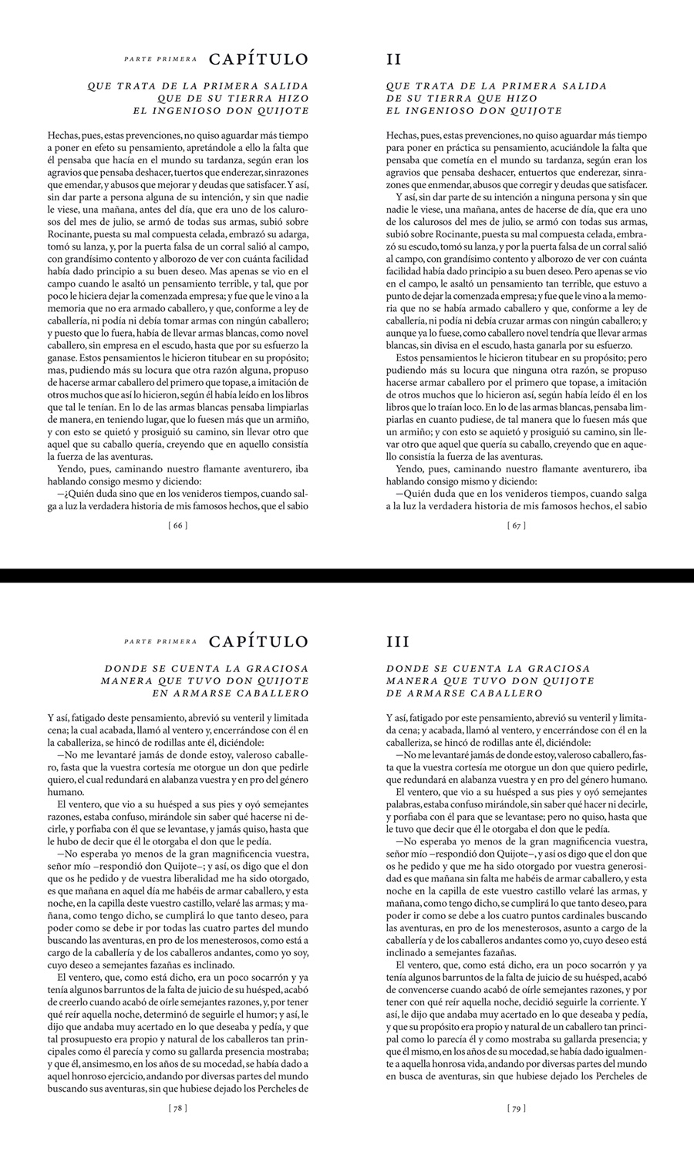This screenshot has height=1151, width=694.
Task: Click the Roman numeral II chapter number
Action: coord(393,59)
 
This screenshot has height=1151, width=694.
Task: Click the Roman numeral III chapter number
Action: coord(398,642)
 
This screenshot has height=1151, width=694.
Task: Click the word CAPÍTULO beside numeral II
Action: coord(258,59)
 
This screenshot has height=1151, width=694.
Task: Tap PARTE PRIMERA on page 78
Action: coord(160,641)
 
